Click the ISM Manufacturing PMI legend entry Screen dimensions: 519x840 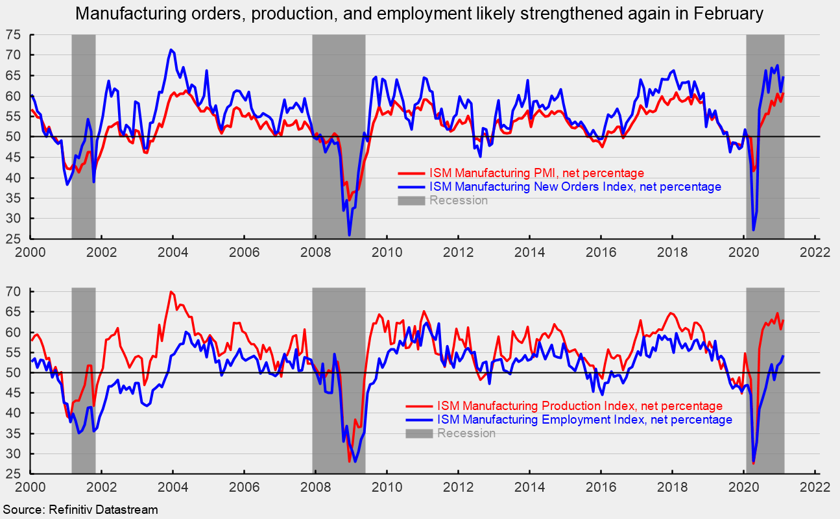[x=536, y=173]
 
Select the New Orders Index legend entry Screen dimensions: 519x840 [x=574, y=187]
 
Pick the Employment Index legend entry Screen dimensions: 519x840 [x=584, y=420]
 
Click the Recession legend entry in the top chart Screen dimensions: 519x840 [x=458, y=200]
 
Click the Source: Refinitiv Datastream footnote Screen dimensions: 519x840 [x=80, y=510]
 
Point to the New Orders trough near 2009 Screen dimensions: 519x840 [x=350, y=234]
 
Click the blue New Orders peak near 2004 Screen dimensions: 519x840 [x=171, y=50]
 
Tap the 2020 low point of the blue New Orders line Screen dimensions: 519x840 [x=753, y=229]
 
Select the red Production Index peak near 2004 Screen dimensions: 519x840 [x=171, y=293]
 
